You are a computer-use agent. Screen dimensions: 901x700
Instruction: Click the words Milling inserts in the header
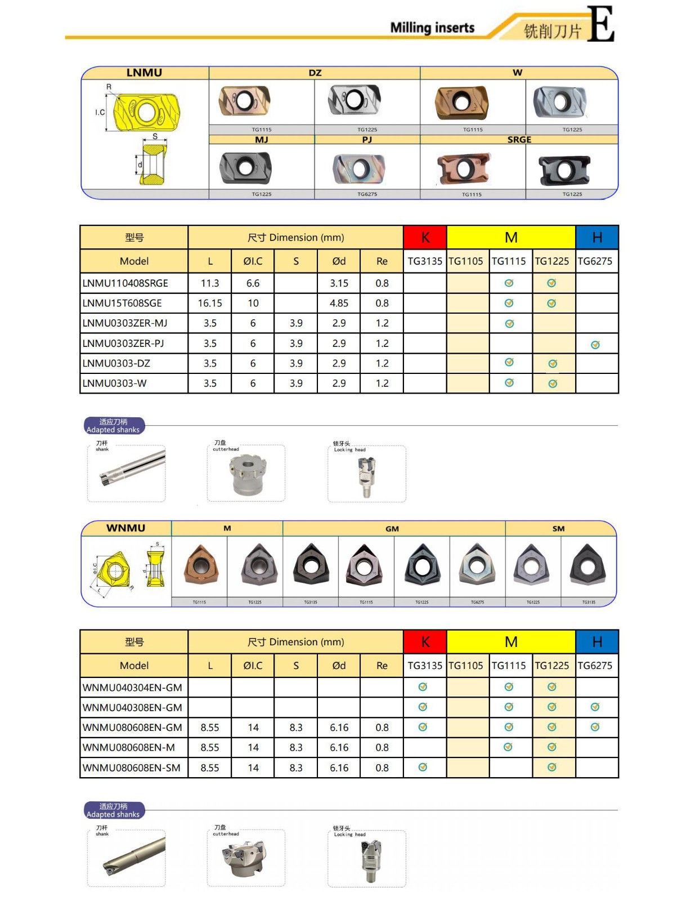point(432,28)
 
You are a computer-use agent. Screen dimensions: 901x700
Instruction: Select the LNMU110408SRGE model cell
point(125,283)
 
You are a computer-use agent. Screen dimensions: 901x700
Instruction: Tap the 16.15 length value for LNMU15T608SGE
point(210,304)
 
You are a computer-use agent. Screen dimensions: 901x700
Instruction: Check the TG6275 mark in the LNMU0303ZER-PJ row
point(595,345)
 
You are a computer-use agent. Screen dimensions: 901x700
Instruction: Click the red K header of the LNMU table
point(425,238)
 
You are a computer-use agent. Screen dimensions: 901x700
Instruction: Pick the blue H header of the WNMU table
point(597,642)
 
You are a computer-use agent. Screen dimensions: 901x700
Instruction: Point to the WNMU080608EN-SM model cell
point(132,768)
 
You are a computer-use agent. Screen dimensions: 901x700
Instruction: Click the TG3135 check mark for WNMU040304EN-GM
point(423,687)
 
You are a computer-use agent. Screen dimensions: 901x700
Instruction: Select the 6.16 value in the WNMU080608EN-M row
point(339,748)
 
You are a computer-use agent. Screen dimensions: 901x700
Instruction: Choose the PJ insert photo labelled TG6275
point(359,168)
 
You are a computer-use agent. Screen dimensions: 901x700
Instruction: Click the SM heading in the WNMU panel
point(558,529)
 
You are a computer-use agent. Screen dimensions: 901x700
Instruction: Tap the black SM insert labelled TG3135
point(587,565)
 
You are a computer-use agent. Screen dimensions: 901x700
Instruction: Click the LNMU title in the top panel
point(144,73)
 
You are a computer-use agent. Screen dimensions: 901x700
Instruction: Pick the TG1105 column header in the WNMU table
point(466,666)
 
